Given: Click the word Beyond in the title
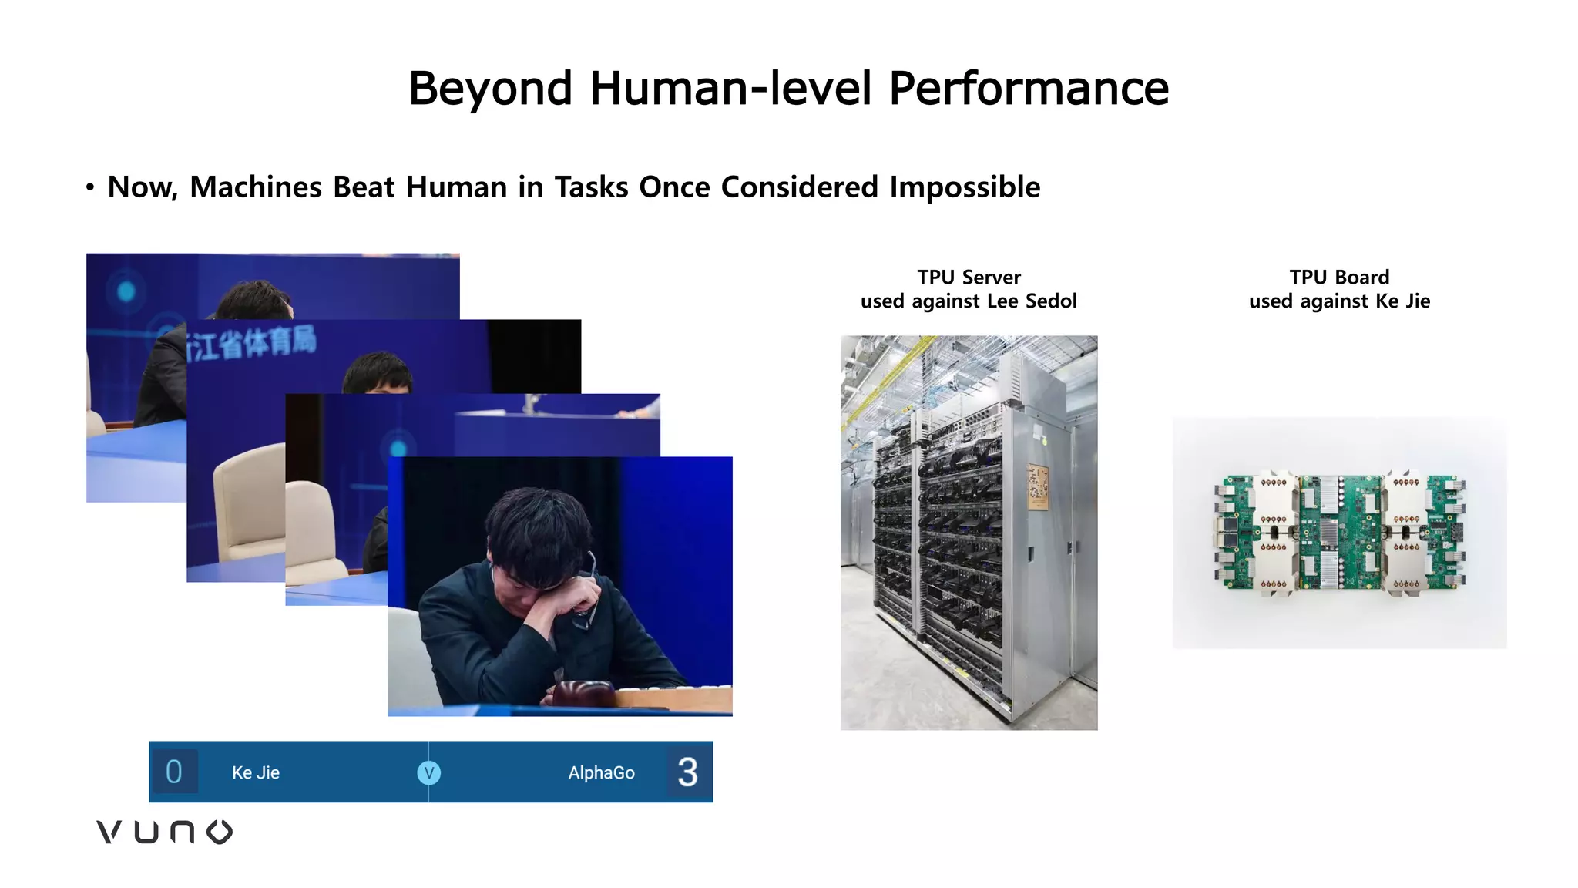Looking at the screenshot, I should (x=490, y=88).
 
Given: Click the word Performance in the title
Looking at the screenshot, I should (x=1029, y=88).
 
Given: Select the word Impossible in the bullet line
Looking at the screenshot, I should (x=965, y=187).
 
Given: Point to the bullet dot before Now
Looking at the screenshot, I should (x=90, y=187).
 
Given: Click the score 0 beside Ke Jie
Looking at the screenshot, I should (x=174, y=772).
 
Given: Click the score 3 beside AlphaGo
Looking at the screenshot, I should (x=687, y=772).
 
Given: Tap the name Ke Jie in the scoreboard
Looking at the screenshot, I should (x=256, y=772).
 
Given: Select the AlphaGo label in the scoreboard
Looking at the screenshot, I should (x=601, y=772).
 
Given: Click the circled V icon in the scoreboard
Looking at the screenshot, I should (x=428, y=772).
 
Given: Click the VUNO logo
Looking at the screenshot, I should (x=164, y=832).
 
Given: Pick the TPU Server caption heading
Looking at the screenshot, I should (x=969, y=277).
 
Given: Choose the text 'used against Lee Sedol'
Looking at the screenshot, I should (x=969, y=301).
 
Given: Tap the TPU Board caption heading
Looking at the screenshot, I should (x=1339, y=277).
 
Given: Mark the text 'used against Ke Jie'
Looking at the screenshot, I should (x=1339, y=301).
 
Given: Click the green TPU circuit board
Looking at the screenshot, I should (x=1339, y=532).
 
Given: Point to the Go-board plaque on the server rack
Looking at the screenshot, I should (x=1038, y=486).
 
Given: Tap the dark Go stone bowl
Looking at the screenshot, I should (x=583, y=693).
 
